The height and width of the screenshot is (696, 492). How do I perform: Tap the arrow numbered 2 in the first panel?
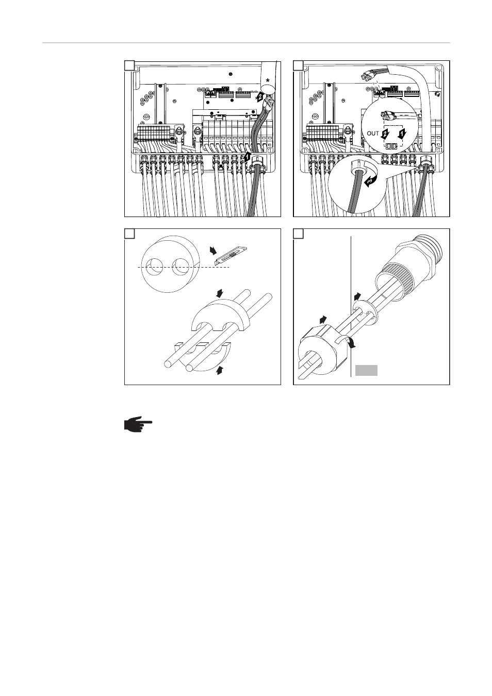(260, 96)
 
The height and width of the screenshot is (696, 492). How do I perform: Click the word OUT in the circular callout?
(373, 134)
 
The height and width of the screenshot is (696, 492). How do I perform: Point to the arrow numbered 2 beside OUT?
(385, 134)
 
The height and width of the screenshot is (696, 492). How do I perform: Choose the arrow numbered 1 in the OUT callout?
(402, 134)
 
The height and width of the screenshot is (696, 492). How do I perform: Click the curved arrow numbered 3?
(370, 181)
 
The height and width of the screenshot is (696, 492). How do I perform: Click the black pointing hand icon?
(138, 424)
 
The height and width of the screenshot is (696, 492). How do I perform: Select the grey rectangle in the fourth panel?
(367, 370)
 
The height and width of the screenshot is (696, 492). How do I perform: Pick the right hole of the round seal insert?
(181, 267)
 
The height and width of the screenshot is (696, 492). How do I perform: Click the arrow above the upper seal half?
(220, 293)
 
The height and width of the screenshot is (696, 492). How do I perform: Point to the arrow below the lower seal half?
(220, 370)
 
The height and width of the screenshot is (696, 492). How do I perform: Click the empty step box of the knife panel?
(129, 234)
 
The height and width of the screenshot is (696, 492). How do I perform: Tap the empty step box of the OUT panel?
(299, 65)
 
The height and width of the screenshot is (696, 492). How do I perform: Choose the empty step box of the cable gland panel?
(299, 234)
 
